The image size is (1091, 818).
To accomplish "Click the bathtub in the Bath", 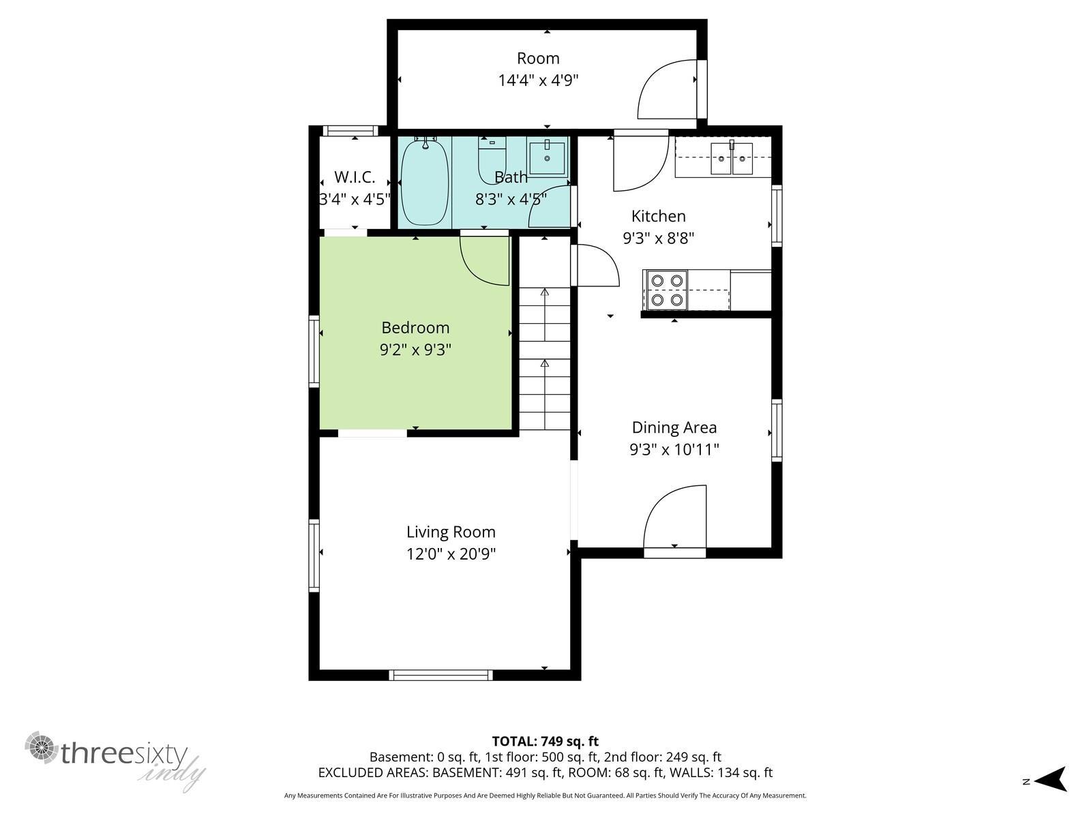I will (425, 182).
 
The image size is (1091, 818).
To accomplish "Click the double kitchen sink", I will (731, 158).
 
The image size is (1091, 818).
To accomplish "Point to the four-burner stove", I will (666, 290).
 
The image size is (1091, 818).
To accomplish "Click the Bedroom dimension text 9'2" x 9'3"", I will (415, 350).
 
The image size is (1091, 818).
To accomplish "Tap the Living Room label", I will (451, 532).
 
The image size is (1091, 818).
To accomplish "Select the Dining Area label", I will (674, 427).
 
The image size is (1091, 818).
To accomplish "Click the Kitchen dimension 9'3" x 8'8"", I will (658, 239).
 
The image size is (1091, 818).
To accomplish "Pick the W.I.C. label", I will (355, 177).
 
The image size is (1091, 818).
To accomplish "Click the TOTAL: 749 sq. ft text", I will (545, 741).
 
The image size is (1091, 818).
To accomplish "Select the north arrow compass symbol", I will (1053, 778).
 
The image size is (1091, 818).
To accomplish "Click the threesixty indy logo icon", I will (41, 748).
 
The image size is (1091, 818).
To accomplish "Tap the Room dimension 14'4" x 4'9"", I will (538, 80).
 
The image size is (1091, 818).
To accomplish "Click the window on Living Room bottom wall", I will (440, 675).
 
